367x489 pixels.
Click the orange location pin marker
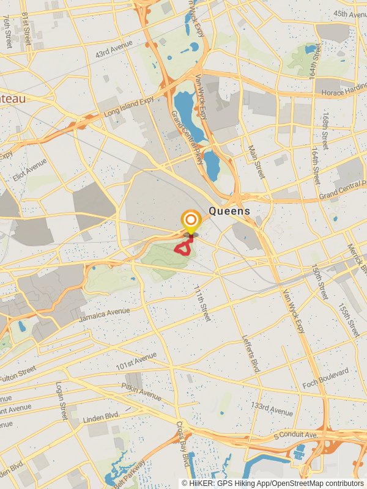click(x=191, y=221)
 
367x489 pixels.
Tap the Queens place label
click(x=229, y=211)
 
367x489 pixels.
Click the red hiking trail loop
click(x=183, y=248)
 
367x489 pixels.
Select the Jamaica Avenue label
click(x=104, y=315)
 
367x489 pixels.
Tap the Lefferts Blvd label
click(x=251, y=354)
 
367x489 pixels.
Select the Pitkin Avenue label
click(x=141, y=392)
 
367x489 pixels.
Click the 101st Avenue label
click(x=136, y=361)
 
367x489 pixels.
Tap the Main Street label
click(x=257, y=161)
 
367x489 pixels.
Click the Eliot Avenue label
click(x=29, y=170)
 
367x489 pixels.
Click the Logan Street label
click(x=60, y=400)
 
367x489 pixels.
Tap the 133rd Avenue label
click(x=272, y=408)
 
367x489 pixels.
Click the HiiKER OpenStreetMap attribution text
click(x=273, y=483)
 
